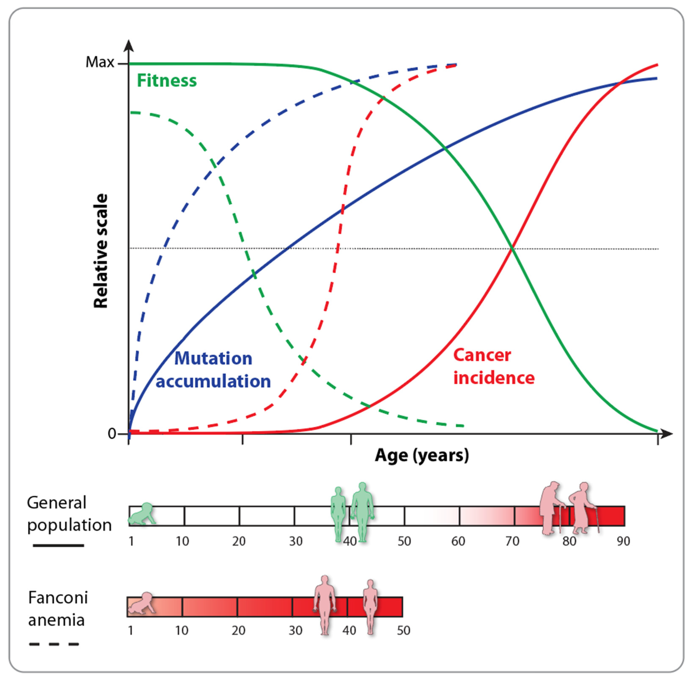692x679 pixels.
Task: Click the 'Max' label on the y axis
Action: (100, 62)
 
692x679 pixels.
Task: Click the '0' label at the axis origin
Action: (112, 434)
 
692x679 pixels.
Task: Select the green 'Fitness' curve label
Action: (167, 81)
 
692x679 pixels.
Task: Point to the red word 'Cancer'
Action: (482, 355)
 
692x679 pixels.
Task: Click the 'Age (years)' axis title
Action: (422, 455)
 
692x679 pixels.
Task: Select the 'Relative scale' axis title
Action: (101, 251)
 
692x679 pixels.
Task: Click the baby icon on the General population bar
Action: (143, 514)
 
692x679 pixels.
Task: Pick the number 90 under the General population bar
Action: (623, 541)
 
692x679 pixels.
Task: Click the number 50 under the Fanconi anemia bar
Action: (403, 631)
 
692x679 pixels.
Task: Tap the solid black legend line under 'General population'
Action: (59, 545)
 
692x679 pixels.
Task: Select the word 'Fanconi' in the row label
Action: (58, 598)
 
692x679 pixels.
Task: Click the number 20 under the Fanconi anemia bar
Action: (238, 631)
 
